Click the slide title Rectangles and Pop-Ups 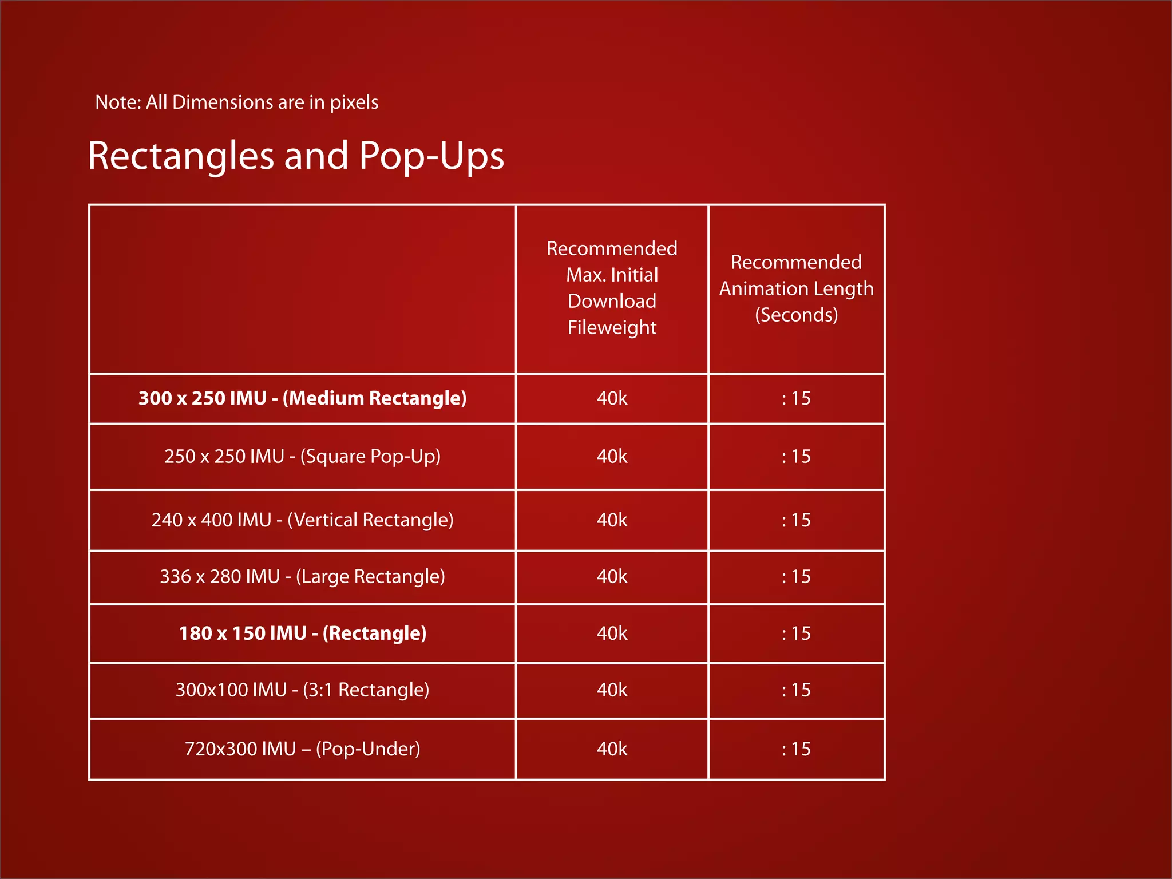[296, 156]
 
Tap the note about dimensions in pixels [236, 102]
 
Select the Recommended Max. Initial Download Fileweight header [612, 288]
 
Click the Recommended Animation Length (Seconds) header [796, 288]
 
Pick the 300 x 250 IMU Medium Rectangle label [302, 398]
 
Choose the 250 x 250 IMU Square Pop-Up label [302, 457]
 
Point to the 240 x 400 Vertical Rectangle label [302, 520]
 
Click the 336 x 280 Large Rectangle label [302, 577]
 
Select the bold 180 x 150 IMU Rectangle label [302, 633]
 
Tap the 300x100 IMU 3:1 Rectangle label [302, 690]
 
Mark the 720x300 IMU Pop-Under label [302, 749]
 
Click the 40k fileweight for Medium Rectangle [612, 398]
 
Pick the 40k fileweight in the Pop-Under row [612, 749]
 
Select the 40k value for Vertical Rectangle [612, 520]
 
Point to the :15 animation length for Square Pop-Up [796, 457]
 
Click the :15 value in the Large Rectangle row [796, 577]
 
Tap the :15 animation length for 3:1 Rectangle [796, 690]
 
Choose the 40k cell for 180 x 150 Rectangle [612, 633]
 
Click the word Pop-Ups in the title [431, 156]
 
